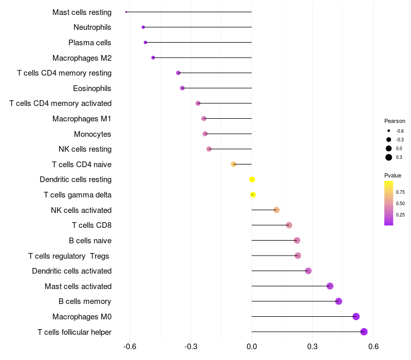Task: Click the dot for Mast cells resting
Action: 126,12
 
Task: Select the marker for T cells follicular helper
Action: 364,332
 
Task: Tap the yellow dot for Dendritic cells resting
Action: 252,179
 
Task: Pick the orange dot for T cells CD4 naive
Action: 234,164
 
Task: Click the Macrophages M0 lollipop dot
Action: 356,316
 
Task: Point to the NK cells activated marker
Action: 276,210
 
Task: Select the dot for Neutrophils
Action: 143,27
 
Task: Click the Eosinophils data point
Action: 182,88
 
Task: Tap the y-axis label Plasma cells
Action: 89,43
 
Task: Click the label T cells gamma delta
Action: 78,195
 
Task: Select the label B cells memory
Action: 85,301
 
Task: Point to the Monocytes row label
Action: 92,134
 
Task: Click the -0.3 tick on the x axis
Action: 191,347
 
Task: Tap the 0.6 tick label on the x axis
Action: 373,347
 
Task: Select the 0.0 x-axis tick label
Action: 252,347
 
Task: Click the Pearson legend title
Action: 395,121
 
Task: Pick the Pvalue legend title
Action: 393,175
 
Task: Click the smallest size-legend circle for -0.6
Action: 389,131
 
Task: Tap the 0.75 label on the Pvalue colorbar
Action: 400,192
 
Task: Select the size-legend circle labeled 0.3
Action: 389,157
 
